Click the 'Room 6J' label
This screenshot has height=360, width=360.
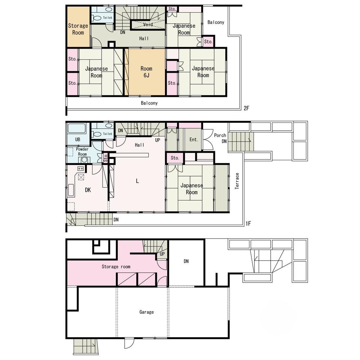(146, 72)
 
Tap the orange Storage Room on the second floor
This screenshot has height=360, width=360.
(78, 27)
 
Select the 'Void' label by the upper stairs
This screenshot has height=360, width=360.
(148, 24)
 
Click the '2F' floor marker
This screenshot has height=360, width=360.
(246, 108)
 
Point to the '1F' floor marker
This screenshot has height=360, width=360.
(248, 224)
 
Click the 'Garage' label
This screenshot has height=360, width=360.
(147, 312)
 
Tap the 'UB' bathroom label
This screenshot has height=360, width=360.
(78, 139)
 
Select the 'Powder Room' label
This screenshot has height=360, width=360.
(82, 152)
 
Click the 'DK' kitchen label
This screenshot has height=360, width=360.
(88, 190)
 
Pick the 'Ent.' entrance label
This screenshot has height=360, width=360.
(194, 139)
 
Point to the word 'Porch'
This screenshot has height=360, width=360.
(220, 135)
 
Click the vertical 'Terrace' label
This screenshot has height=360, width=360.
(237, 181)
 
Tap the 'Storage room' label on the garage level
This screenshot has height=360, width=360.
(116, 266)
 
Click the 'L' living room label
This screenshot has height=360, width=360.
(137, 181)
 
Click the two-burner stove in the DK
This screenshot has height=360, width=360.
(81, 169)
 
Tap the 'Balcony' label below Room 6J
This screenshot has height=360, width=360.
(149, 103)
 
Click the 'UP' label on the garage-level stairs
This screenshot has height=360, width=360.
(162, 254)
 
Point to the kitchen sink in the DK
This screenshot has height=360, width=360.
(71, 190)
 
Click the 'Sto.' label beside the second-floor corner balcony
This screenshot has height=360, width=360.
(208, 41)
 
